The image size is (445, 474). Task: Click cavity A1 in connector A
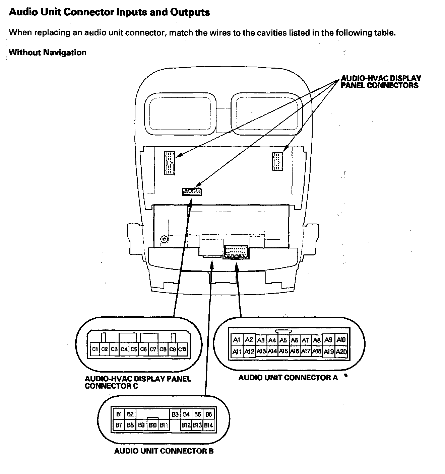pos(237,340)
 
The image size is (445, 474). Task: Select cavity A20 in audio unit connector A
pos(341,352)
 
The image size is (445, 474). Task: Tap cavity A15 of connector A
pos(283,351)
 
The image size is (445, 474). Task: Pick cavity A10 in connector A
pos(341,340)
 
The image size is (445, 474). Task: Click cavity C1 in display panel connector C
pos(95,349)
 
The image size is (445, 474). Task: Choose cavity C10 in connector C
pos(182,349)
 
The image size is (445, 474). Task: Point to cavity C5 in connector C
pos(134,349)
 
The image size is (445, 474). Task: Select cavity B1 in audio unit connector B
pos(119,414)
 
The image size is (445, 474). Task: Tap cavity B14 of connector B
pos(208,425)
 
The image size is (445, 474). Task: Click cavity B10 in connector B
pos(152,425)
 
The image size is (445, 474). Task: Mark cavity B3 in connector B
pos(175,414)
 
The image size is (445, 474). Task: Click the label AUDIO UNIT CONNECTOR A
pos(288,378)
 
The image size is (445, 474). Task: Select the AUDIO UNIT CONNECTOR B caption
pos(164,451)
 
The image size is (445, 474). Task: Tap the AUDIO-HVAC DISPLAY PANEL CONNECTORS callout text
pos(381,82)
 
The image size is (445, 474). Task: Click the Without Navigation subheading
pos(48,53)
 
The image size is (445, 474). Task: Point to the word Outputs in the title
pos(190,12)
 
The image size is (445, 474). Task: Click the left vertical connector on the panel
pos(170,163)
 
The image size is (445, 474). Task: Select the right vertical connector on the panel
pos(278,161)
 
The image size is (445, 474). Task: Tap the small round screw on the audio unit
pos(164,239)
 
